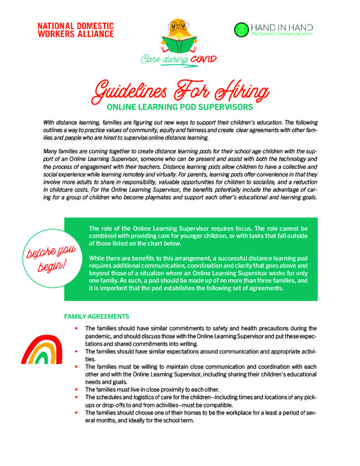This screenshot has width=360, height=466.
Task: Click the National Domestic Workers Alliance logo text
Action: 76,30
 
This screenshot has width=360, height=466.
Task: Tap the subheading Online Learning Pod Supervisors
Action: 180,108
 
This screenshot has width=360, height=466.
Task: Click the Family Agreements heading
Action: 96,316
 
